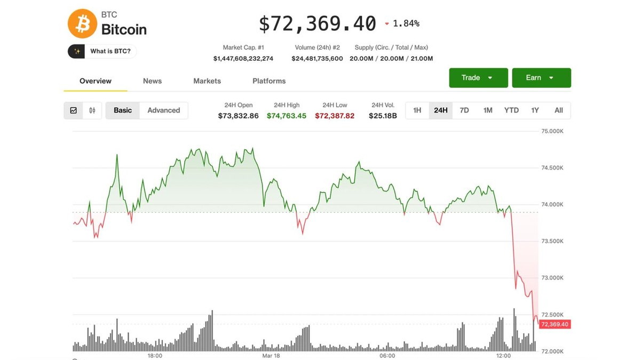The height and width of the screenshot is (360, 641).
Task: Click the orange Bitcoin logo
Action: coord(82,23)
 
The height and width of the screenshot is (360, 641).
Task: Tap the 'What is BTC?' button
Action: coord(102,51)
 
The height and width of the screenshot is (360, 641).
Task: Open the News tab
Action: coord(152,81)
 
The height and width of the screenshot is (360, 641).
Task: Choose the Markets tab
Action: coord(207,81)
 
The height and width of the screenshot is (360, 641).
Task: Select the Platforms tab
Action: coord(269,81)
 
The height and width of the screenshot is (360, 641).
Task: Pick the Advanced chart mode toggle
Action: coord(163,110)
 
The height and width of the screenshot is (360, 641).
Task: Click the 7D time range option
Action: coord(464,110)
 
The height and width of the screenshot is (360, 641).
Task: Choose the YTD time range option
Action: coord(511,110)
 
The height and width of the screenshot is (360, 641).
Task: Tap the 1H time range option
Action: coord(417,110)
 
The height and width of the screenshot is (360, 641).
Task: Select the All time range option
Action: coord(558,110)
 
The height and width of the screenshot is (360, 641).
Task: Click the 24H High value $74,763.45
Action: coord(287,116)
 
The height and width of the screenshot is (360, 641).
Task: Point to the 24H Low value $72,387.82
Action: coord(335,116)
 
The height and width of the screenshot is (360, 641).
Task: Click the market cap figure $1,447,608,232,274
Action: coord(243,59)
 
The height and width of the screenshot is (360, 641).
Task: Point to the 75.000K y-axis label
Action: coord(552,131)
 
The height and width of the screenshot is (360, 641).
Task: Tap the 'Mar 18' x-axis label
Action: coord(271,356)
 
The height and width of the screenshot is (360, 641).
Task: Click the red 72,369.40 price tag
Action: coord(555,324)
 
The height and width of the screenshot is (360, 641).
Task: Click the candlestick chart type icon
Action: coord(92,110)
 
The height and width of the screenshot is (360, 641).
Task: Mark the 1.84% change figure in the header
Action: coord(406,23)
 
